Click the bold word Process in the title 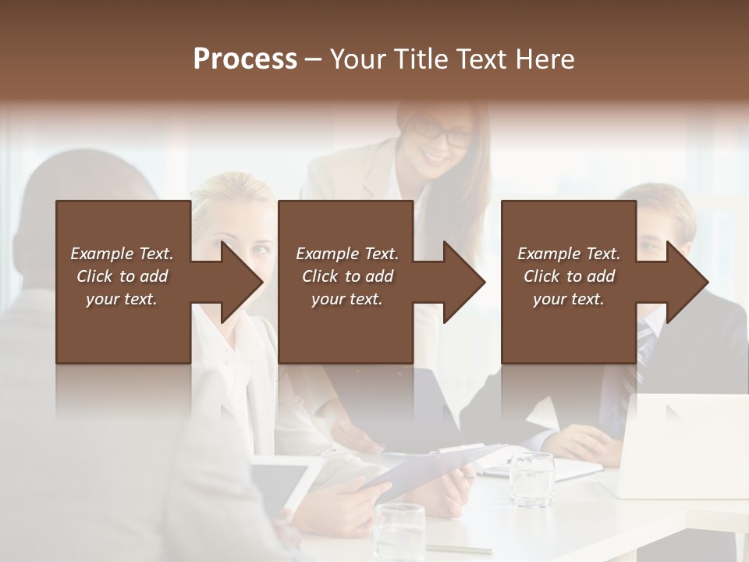[x=245, y=59]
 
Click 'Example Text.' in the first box [x=122, y=254]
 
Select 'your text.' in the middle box [x=346, y=299]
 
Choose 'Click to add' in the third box [x=569, y=276]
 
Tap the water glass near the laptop [x=531, y=478]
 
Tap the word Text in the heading [x=484, y=59]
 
